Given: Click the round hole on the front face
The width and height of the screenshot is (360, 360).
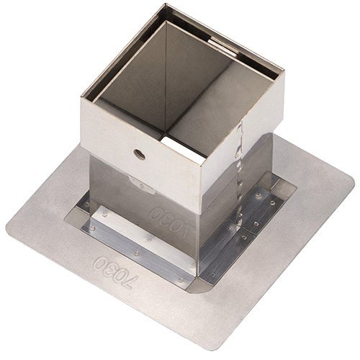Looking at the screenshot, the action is [140, 154].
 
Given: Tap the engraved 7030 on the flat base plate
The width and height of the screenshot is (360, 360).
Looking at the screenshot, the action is [116, 273].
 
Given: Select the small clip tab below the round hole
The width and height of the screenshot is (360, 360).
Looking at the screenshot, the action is [142, 185].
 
